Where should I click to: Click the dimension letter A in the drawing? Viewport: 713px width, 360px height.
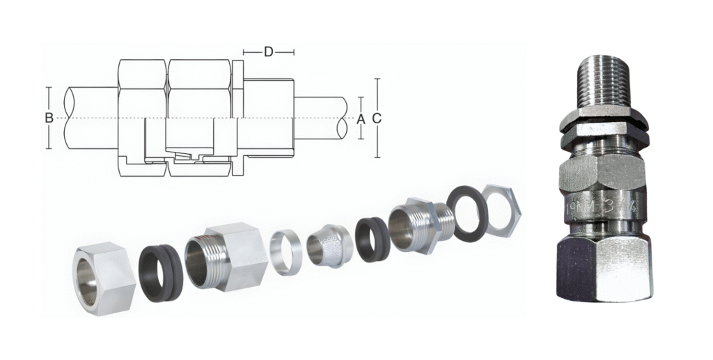[361, 119]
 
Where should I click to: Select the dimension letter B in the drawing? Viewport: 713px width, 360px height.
[49, 118]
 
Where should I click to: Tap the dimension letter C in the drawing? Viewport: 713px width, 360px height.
[377, 119]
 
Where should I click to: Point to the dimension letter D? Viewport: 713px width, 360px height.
[269, 52]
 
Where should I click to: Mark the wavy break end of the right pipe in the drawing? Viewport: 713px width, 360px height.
[345, 119]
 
